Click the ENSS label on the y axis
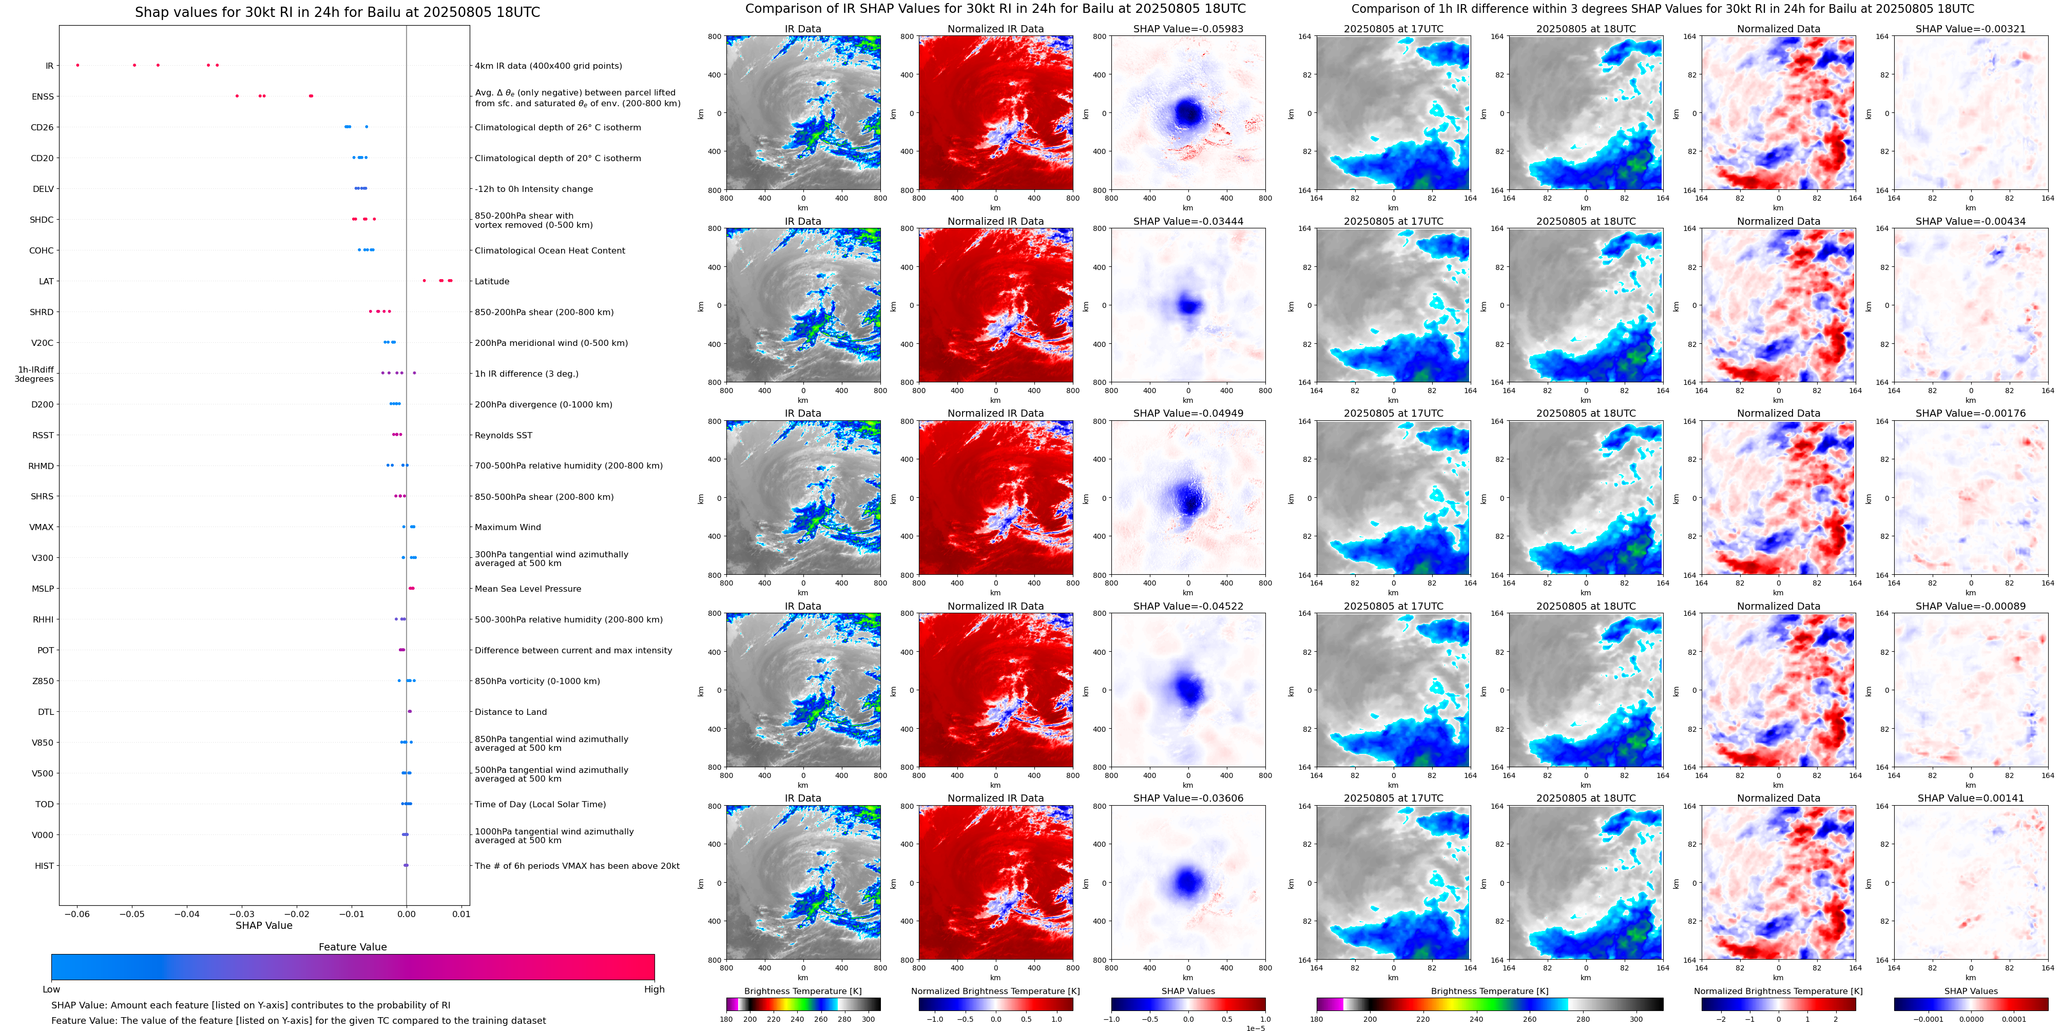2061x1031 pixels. (43, 97)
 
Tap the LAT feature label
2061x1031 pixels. (46, 282)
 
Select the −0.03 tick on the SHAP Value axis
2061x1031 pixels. (242, 913)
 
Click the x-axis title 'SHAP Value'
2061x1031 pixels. (263, 925)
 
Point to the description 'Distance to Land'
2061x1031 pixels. (510, 712)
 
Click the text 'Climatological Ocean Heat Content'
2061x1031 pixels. (550, 250)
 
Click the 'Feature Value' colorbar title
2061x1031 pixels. (352, 947)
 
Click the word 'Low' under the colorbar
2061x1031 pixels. (51, 989)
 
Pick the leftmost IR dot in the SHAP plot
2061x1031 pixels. (78, 65)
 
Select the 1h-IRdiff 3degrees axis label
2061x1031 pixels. (34, 374)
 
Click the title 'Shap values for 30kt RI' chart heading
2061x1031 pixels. (337, 12)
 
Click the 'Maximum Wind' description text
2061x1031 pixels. (507, 527)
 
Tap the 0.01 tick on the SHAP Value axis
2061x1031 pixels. (461, 913)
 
